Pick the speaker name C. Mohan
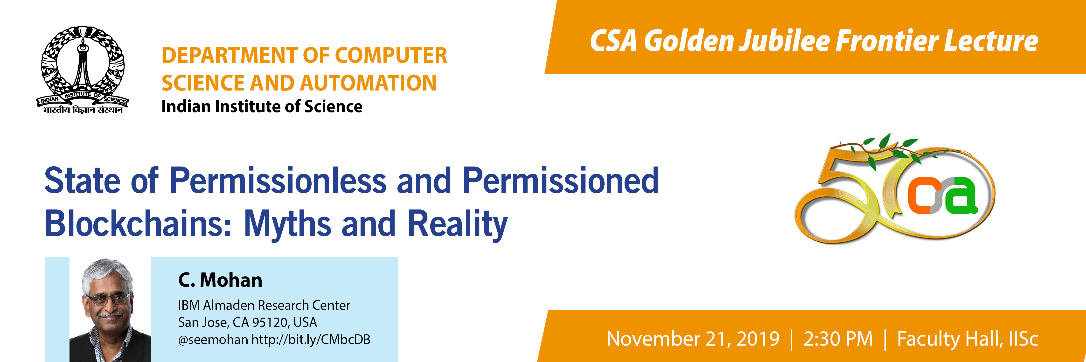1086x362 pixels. (220, 280)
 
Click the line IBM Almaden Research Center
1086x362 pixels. (264, 305)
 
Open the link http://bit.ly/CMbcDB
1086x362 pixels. (311, 340)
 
